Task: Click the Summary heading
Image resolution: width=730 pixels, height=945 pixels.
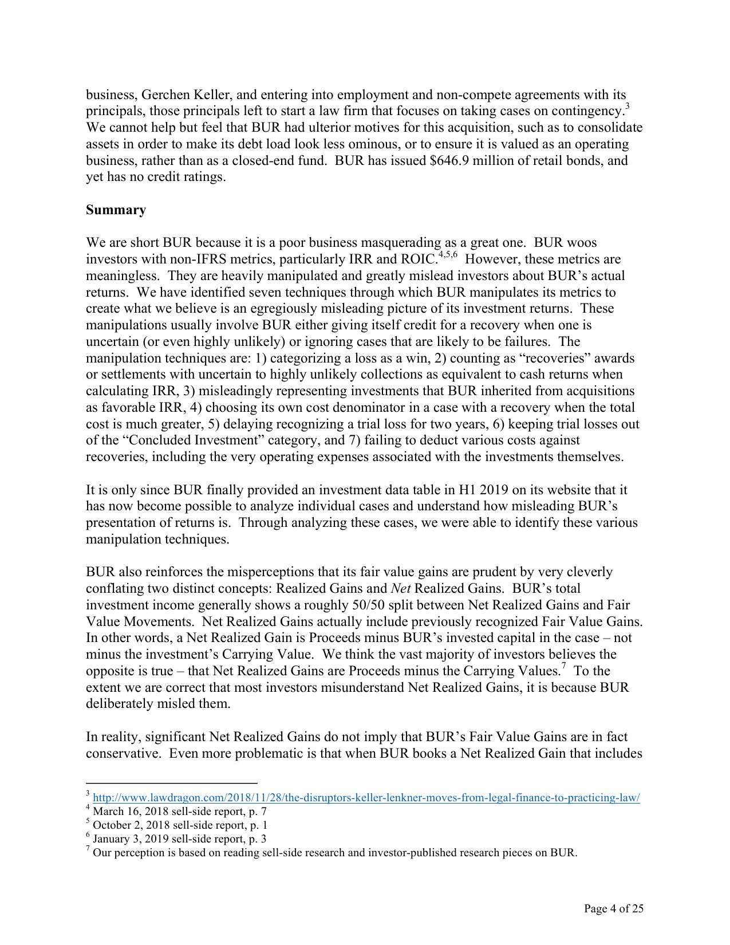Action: [116, 210]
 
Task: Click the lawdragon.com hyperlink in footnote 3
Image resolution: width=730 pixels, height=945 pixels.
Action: [366, 798]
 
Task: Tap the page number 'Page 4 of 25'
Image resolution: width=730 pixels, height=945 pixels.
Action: [614, 908]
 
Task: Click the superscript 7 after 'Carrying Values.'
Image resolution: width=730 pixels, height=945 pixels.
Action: [563, 667]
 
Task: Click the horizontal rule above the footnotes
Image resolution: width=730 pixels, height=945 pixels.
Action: [171, 783]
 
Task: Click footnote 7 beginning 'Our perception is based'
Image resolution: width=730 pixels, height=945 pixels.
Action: [334, 853]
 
